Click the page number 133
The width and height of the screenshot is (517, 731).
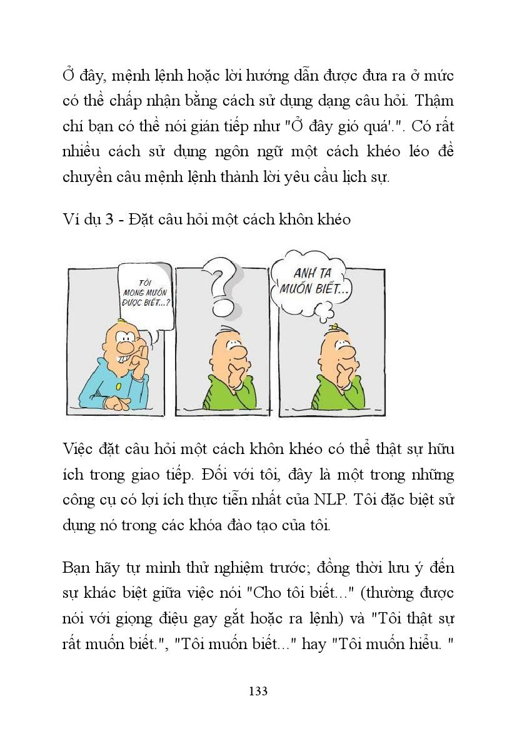pos(258,691)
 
